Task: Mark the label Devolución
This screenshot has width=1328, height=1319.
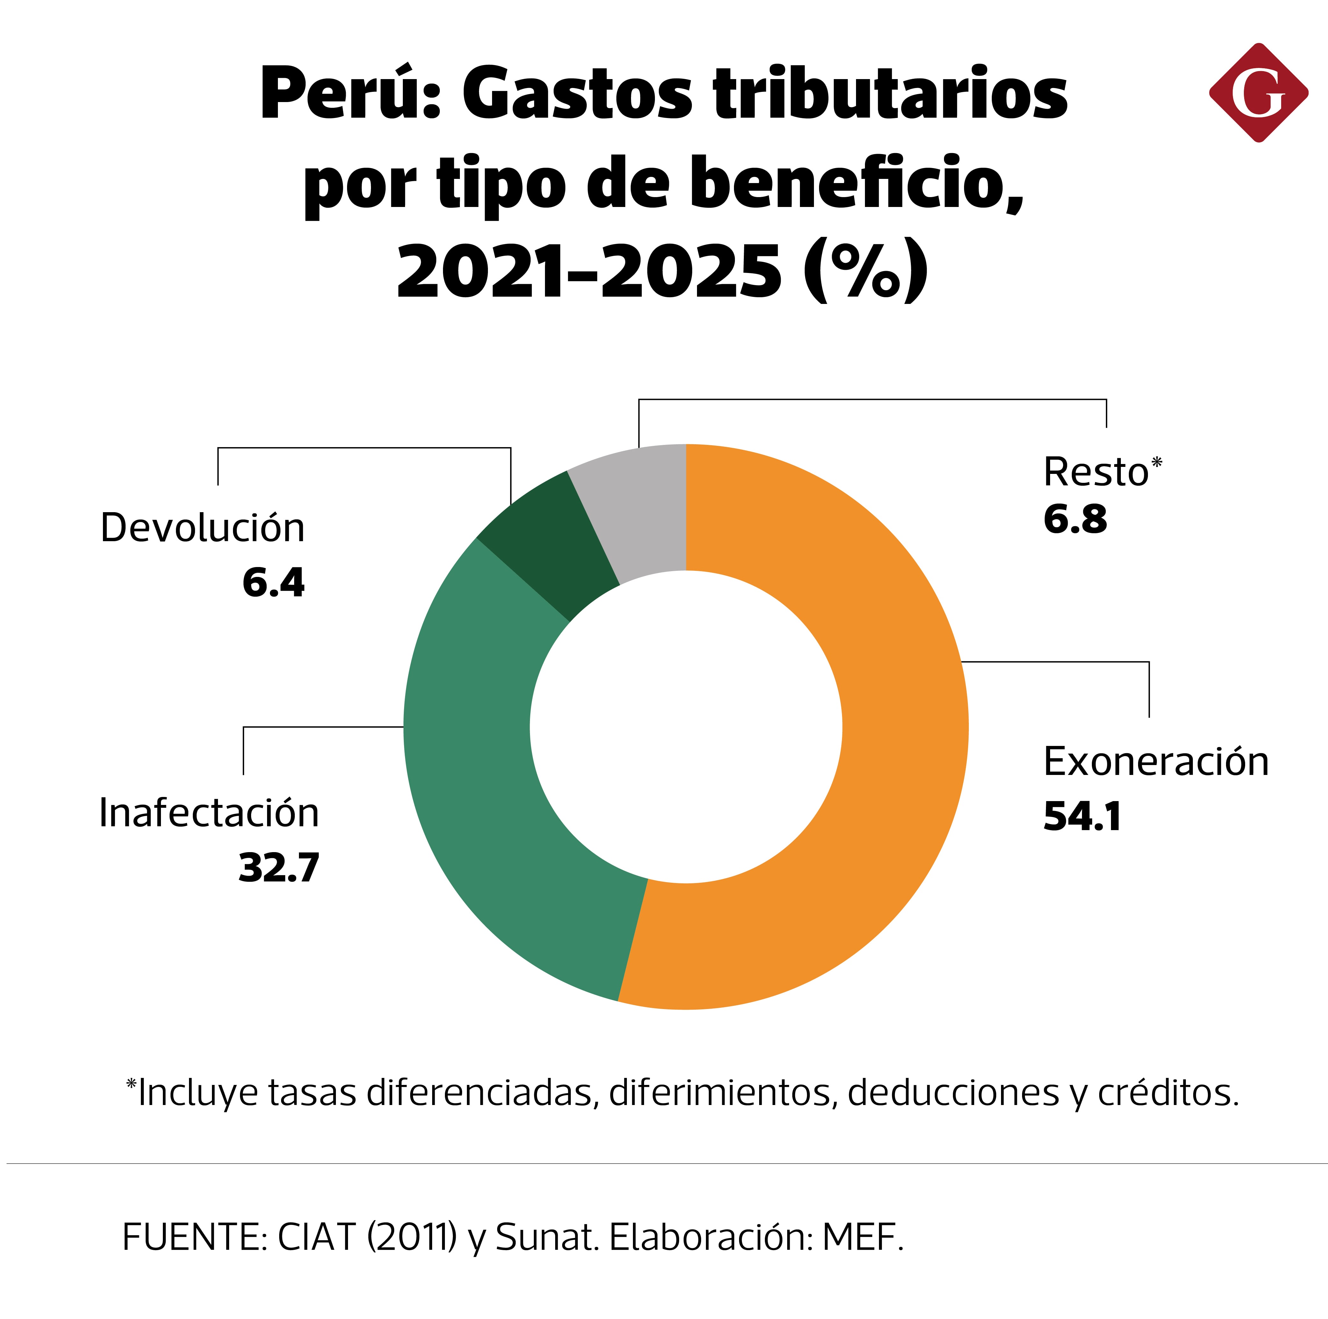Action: point(202,528)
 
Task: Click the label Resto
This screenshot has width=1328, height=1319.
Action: point(1096,472)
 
